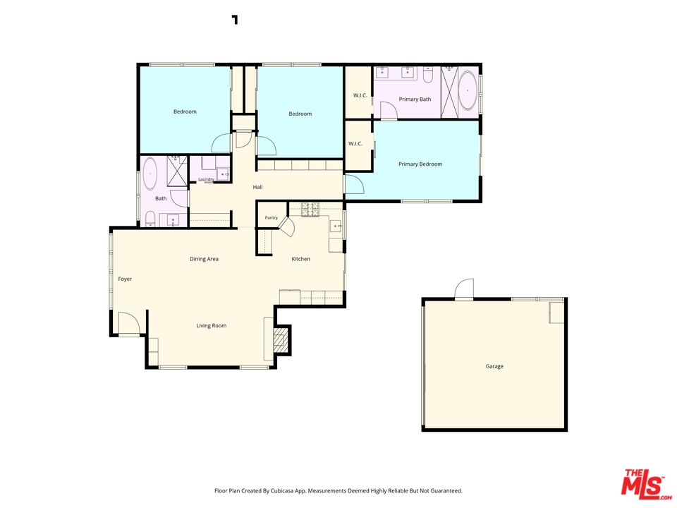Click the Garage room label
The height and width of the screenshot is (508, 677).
[494, 366]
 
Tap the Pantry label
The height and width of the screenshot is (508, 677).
[271, 218]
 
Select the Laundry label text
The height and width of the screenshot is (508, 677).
[206, 179]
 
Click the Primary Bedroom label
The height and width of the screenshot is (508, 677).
[420, 164]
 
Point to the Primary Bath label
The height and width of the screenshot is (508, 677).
[415, 99]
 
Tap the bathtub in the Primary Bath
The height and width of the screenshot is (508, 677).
[468, 91]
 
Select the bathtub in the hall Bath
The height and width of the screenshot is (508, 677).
[150, 174]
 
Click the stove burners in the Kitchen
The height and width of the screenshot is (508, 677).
[310, 209]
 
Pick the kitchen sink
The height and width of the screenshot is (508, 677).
[336, 226]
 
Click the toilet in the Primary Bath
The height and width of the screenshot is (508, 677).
[428, 75]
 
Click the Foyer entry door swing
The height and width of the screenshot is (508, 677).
[129, 323]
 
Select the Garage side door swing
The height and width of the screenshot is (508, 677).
[464, 289]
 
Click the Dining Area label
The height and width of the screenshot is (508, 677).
[204, 259]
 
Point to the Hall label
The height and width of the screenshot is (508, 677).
[258, 187]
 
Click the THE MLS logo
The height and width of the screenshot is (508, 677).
[645, 484]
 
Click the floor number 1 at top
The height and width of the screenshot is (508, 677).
[235, 20]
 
